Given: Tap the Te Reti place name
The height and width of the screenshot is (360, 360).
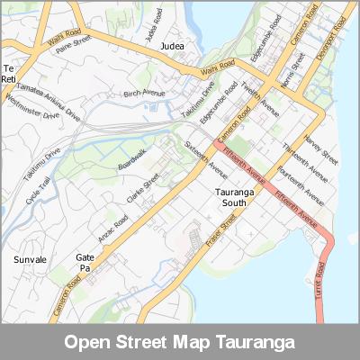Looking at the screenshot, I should pyautogui.click(x=9, y=75).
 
